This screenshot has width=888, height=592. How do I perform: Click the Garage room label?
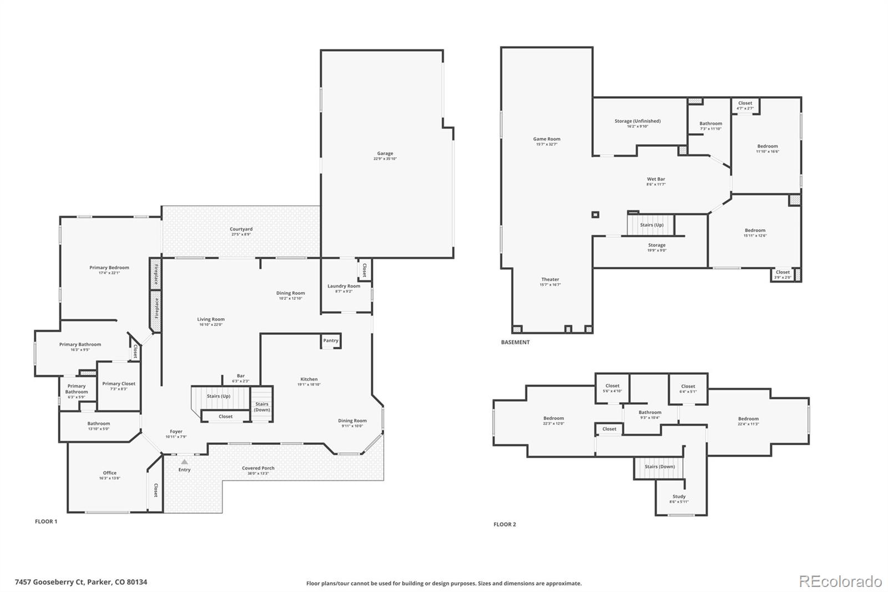click(x=385, y=154)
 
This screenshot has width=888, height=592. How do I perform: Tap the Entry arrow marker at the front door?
click(x=184, y=461)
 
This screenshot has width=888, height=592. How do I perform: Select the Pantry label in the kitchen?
click(x=330, y=340)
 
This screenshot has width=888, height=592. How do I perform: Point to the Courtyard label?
click(x=241, y=229)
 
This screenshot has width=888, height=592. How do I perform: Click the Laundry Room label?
click(x=344, y=286)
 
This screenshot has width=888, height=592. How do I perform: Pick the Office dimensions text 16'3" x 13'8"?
click(x=109, y=478)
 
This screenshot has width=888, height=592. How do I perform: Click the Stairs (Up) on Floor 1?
click(x=219, y=396)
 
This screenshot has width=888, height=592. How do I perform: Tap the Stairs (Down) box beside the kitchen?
click(x=262, y=407)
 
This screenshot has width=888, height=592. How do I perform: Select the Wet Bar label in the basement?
click(x=655, y=179)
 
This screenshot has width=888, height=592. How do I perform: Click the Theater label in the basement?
click(x=550, y=279)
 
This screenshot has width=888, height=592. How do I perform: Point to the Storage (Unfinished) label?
click(x=637, y=121)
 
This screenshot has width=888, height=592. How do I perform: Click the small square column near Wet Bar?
click(x=596, y=214)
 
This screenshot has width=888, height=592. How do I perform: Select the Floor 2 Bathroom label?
click(x=649, y=413)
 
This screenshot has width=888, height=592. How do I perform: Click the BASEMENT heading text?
click(x=515, y=342)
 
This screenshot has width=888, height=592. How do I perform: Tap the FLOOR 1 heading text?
click(x=46, y=521)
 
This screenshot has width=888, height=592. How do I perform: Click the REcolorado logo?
click(x=840, y=581)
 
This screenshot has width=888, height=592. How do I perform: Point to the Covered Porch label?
click(x=258, y=468)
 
